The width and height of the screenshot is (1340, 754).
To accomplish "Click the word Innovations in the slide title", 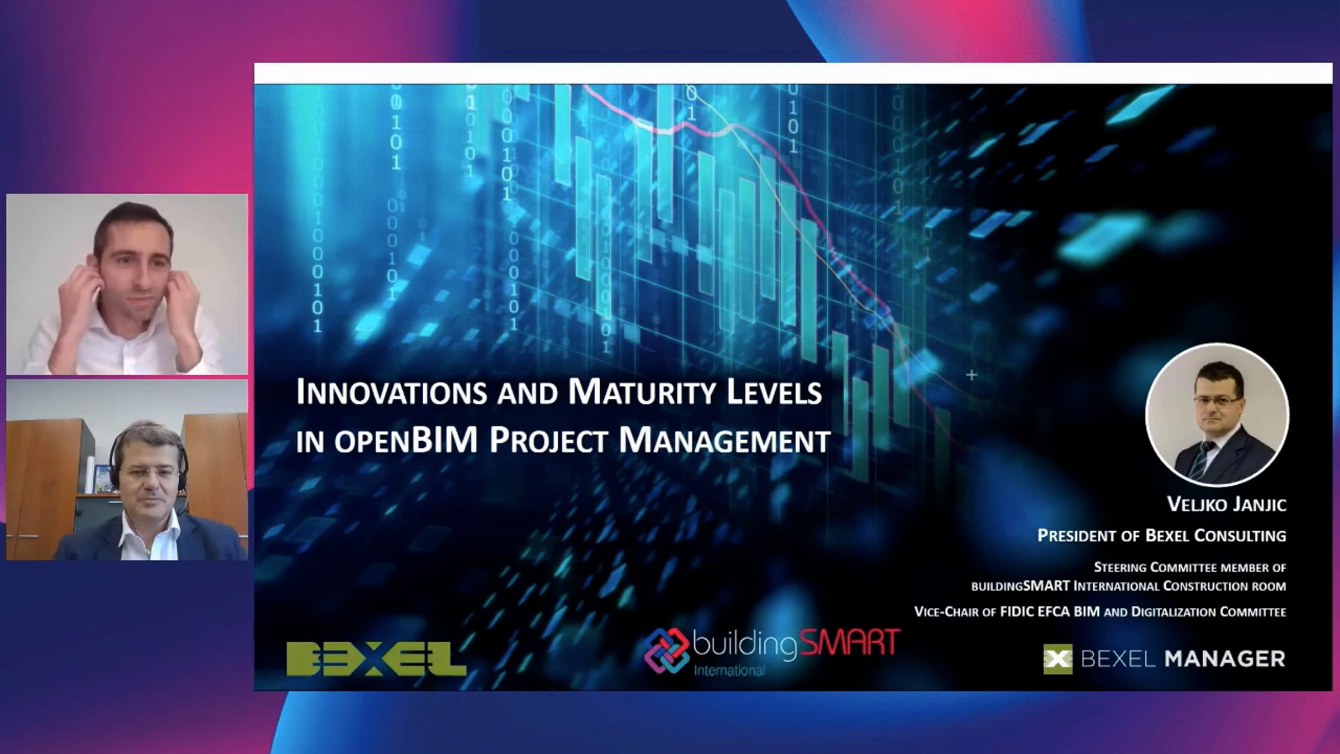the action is pos(391,392).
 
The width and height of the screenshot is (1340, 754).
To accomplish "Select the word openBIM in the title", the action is pos(406,441).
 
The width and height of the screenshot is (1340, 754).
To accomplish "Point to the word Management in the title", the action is pos(725,441).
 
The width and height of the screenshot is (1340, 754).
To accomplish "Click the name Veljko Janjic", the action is pos(1227,505).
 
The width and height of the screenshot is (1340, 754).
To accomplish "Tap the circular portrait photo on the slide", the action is pos(1217,414).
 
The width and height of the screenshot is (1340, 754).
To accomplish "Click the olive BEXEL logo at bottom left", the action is pos(376,659).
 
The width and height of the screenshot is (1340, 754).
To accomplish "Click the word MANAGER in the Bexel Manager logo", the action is pos(1225,659).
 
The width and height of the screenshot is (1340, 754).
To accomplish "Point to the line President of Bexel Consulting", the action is pos(1162,536).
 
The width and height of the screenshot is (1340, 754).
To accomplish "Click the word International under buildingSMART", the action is pos(729,670).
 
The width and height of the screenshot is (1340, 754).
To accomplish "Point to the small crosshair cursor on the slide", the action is pos(971,375).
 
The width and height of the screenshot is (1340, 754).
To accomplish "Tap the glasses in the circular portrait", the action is pos(1219,401).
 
